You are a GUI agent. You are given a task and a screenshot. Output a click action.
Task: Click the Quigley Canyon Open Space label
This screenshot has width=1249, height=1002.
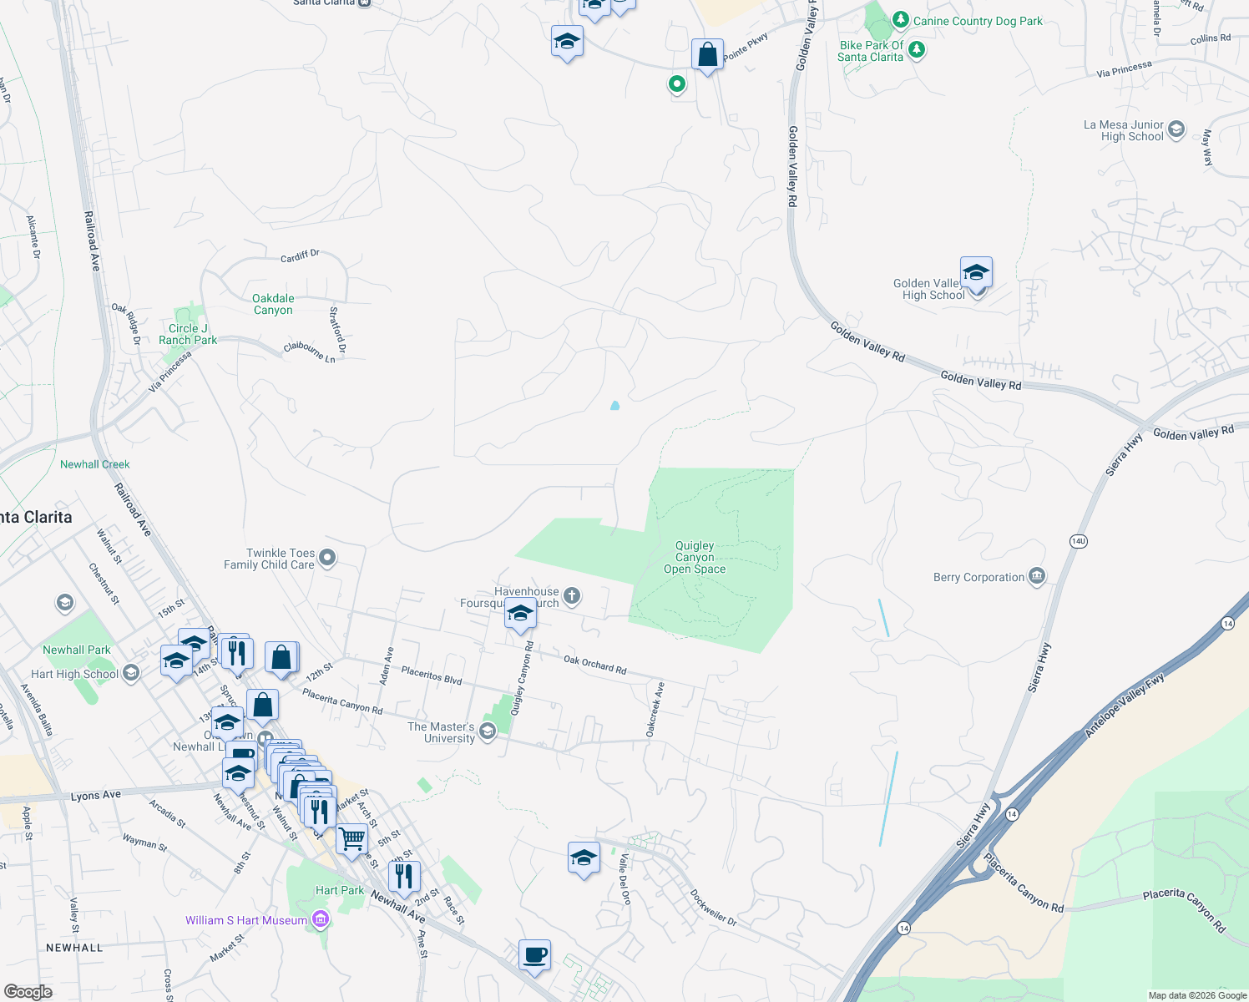695,557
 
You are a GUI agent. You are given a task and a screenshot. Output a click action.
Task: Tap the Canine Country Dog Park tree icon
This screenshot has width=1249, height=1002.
900,19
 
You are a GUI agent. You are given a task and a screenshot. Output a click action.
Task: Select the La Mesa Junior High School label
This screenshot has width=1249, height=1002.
1123,130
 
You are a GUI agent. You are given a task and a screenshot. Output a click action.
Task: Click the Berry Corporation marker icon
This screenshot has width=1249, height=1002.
1037,576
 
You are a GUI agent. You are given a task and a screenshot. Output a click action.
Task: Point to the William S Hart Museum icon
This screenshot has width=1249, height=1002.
320,919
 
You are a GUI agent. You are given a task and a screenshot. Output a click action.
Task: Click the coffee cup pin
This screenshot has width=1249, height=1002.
534,954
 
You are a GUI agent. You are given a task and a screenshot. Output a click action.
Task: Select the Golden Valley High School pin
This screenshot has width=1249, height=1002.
975,272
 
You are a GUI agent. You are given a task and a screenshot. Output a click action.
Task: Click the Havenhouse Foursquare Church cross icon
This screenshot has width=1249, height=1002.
572,595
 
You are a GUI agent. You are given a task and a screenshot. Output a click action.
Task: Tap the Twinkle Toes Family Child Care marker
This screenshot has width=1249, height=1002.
327,557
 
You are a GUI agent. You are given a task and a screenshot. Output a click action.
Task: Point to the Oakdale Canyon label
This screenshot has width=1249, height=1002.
273,304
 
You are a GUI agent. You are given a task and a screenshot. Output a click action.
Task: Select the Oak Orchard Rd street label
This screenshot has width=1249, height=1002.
594,664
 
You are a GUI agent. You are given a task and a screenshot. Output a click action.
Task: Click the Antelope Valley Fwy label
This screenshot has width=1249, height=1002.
1124,706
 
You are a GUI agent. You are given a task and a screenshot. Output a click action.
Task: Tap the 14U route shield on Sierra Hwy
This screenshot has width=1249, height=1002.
1078,541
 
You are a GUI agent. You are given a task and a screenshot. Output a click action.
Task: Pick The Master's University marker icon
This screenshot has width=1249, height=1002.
488,731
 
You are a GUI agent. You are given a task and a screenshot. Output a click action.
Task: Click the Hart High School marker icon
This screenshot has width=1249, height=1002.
131,673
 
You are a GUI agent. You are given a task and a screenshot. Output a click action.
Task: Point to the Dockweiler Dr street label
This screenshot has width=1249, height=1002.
713,907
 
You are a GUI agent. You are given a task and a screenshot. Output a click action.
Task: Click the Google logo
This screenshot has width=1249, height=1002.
28,991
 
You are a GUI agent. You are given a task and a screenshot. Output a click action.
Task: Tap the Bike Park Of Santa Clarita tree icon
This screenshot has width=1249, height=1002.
917,50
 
